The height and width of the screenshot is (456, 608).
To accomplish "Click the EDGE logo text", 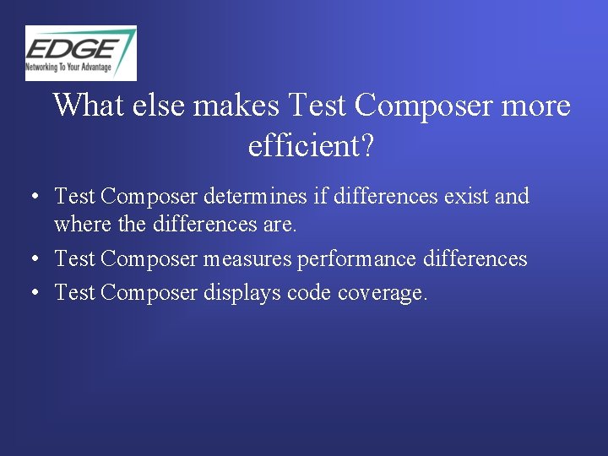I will (74, 47).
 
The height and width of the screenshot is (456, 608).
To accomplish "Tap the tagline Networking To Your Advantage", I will (73, 65).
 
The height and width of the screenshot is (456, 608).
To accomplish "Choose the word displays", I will (242, 292).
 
